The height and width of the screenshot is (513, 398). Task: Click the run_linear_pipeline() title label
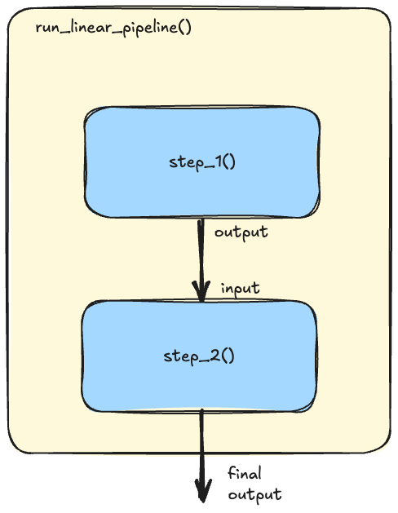click(113, 28)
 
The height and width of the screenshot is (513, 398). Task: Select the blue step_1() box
click(202, 161)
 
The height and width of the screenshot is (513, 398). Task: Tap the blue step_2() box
click(199, 356)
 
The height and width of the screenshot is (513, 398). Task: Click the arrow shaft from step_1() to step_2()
click(201, 259)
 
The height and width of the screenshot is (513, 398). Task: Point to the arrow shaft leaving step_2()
click(202, 455)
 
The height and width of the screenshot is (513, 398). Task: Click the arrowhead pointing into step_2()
click(201, 290)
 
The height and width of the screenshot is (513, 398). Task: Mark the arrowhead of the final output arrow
click(203, 490)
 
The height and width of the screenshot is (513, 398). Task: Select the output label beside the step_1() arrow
click(241, 233)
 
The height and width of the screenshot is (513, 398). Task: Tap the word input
click(241, 289)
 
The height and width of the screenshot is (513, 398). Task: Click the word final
click(245, 473)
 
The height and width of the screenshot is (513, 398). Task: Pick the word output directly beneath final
click(254, 495)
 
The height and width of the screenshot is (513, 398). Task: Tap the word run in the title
click(48, 29)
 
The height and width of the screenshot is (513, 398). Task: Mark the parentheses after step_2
click(228, 356)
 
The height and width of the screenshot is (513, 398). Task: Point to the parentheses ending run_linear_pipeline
click(184, 28)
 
